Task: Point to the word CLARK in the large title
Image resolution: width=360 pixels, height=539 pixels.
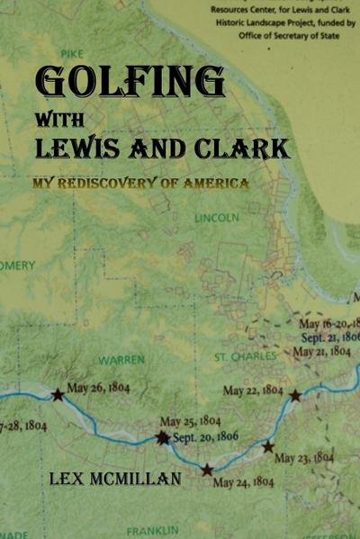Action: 243,147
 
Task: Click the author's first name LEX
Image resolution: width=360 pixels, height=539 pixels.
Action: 67,478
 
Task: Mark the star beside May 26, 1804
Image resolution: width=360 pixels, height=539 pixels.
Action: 58,394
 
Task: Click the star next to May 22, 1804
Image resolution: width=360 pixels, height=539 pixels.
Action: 295,394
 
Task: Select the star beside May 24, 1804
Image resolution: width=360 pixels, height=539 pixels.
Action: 207,470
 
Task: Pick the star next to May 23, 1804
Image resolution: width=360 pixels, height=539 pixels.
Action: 267,446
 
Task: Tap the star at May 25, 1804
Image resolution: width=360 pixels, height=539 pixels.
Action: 162,437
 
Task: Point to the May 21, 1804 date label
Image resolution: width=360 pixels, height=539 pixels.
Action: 326,351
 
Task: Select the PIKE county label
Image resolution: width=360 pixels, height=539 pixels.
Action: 89,54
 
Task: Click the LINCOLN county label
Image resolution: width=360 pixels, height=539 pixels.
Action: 217,218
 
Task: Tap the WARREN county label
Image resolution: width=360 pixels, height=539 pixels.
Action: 121,360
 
